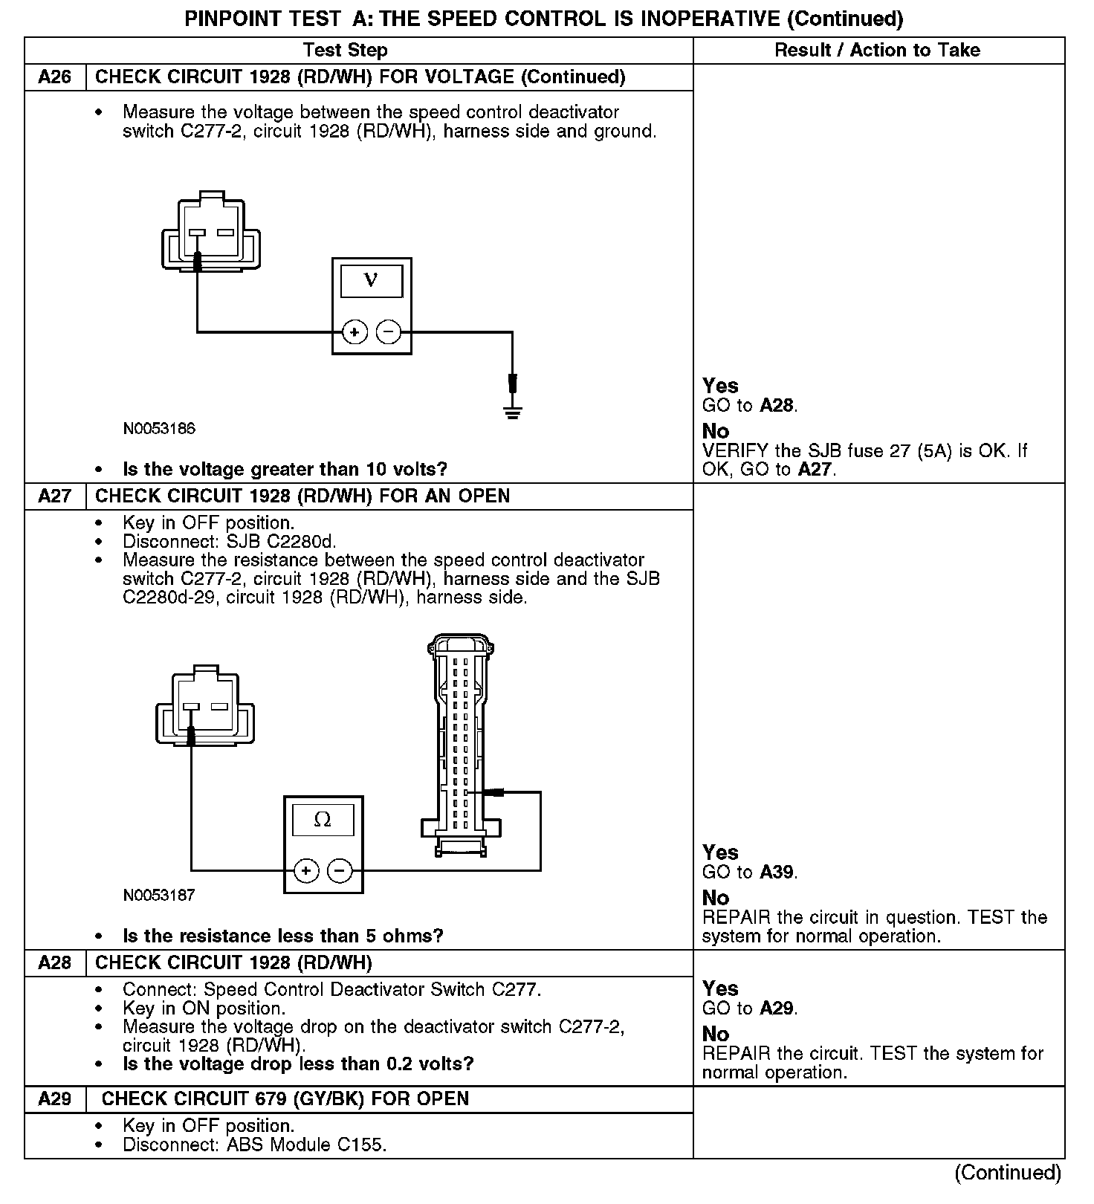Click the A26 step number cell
pyautogui.click(x=55, y=77)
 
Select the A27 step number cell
pyautogui.click(x=55, y=496)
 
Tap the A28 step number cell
pyautogui.click(x=55, y=962)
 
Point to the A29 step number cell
pyautogui.click(x=55, y=1098)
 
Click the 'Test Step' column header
pyautogui.click(x=345, y=51)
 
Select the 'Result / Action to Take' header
pyautogui.click(x=877, y=51)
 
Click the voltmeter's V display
pyautogui.click(x=371, y=282)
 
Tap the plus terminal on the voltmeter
pyautogui.click(x=355, y=331)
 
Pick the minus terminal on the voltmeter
pyautogui.click(x=388, y=331)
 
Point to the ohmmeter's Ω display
pyautogui.click(x=323, y=820)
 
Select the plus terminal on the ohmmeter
pyautogui.click(x=306, y=870)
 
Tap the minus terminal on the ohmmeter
pyautogui.click(x=340, y=870)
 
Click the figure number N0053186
pyautogui.click(x=159, y=429)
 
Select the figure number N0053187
pyautogui.click(x=159, y=895)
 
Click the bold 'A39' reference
pyautogui.click(x=777, y=872)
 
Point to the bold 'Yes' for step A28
pyautogui.click(x=720, y=988)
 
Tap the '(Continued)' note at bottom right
pyautogui.click(x=1008, y=1172)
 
